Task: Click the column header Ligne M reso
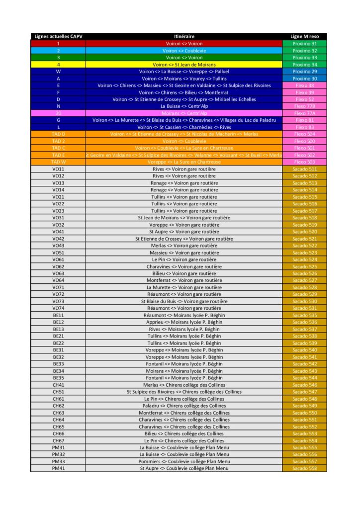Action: pos(304,37)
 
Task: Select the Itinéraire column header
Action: pos(184,37)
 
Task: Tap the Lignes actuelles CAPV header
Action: pos(58,37)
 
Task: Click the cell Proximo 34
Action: pos(304,65)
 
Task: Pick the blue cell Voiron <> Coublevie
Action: pos(184,51)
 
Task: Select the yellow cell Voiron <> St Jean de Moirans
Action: pos(184,65)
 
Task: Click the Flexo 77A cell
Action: pos(304,113)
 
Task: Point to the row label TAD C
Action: pos(58,148)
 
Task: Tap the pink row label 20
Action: pos(58,113)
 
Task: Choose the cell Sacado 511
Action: pos(304,169)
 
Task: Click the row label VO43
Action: pos(58,246)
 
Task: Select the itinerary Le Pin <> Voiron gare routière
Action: pos(184,259)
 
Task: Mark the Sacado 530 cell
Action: pos(304,301)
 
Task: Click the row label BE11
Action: pos(58,315)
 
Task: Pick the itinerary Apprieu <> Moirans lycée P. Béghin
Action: pos(184,322)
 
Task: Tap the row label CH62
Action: pos(58,406)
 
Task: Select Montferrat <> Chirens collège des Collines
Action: pos(184,413)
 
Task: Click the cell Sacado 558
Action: pos(304,468)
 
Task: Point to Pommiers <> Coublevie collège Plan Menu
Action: pos(184,461)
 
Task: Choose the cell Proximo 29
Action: pos(304,72)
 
